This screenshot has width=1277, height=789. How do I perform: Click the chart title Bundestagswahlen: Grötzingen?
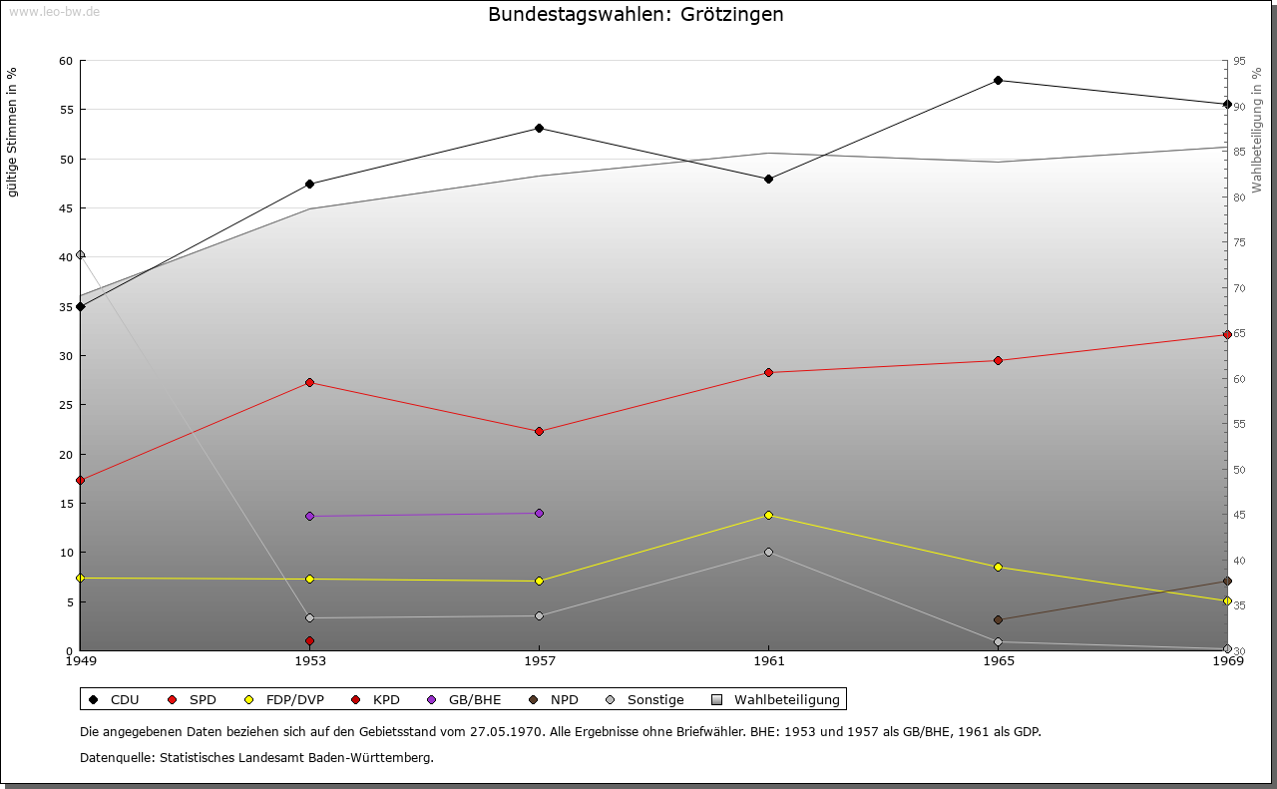pyautogui.click(x=636, y=15)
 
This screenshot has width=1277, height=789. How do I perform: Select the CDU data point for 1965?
pyautogui.click(x=998, y=80)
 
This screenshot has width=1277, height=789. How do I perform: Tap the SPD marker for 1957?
pyautogui.click(x=539, y=431)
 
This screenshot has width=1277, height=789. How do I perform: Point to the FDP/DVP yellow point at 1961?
pyautogui.click(x=768, y=515)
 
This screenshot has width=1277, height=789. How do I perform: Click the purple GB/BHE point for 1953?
pyautogui.click(x=310, y=516)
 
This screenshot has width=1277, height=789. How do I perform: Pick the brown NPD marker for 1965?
pyautogui.click(x=998, y=619)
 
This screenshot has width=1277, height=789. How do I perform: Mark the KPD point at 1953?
pyautogui.click(x=310, y=640)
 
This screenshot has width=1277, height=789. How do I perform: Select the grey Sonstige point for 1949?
pyautogui.click(x=81, y=254)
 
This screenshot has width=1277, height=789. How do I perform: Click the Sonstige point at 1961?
pyautogui.click(x=768, y=552)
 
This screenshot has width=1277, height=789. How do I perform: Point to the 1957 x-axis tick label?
pyautogui.click(x=539, y=660)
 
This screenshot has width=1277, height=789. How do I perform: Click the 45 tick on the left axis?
pyautogui.click(x=66, y=208)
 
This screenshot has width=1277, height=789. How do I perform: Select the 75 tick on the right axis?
pyautogui.click(x=1239, y=242)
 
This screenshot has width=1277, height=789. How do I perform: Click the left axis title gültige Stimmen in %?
pyautogui.click(x=12, y=132)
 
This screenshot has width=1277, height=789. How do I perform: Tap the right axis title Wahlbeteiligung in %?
pyautogui.click(x=1257, y=131)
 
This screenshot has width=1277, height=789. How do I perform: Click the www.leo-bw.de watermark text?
pyautogui.click(x=53, y=11)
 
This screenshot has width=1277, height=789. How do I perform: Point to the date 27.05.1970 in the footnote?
pyautogui.click(x=506, y=731)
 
